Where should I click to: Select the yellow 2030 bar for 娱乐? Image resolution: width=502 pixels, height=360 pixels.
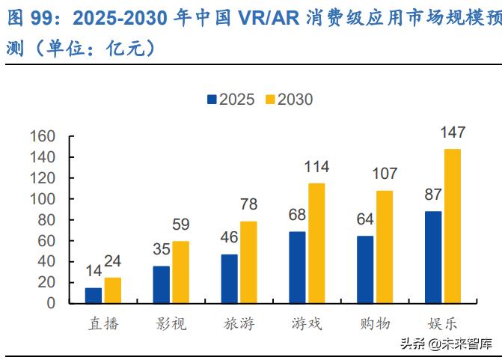point(452,226)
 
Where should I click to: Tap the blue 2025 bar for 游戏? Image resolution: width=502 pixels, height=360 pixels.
point(298,267)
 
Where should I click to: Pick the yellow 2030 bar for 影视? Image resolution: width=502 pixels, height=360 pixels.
point(180,272)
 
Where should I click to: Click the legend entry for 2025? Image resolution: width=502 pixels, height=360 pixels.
point(230,100)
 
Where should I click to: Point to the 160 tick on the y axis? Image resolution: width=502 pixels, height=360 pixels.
point(43,136)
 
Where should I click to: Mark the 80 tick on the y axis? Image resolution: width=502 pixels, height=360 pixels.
point(47,220)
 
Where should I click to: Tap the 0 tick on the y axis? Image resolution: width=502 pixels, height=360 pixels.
point(52,303)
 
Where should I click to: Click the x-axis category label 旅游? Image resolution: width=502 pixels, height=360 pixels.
point(239,324)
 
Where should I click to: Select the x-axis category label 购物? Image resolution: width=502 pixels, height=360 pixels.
point(375,324)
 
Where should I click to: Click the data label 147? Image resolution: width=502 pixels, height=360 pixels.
point(452,132)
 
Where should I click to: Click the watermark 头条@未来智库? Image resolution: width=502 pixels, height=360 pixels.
point(446,344)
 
